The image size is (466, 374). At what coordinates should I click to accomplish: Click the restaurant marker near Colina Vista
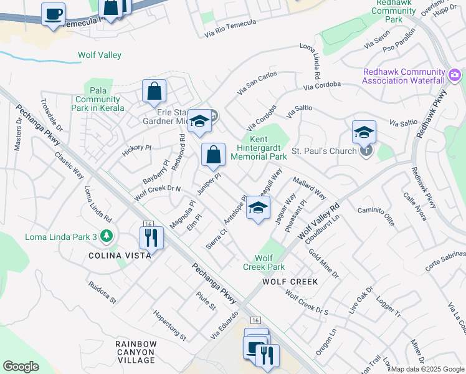coord(151,237)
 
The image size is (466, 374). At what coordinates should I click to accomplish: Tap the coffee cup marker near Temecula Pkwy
coord(53,13)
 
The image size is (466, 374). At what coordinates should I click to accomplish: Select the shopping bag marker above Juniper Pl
coord(213,155)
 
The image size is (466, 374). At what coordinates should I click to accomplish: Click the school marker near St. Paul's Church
coord(364,132)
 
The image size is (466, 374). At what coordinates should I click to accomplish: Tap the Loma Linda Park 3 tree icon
coord(108,236)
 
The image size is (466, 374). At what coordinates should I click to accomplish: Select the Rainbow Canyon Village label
coord(135,352)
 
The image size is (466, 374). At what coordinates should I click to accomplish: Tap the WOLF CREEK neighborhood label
coord(290,282)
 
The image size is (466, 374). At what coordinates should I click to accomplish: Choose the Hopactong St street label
coord(169,325)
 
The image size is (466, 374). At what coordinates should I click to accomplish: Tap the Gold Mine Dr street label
coord(323,264)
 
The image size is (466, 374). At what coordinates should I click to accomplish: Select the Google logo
coord(21,367)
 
